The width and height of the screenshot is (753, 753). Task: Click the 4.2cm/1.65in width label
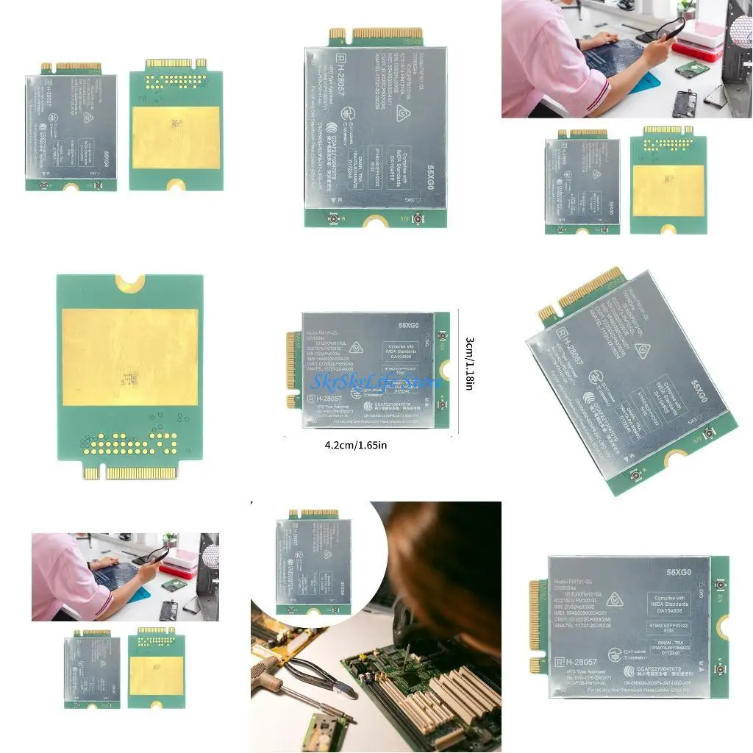tap(356, 445)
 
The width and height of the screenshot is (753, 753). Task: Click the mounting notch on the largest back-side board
tap(129, 281)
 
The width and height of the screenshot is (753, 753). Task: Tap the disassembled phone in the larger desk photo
tap(684, 102)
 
